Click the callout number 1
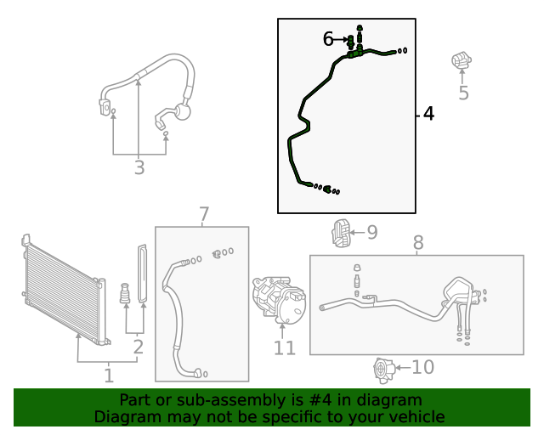point(109,375)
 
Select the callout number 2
point(137,346)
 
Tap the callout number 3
point(139,168)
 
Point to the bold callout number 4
point(428,114)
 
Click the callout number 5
point(463,93)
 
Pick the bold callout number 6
point(329,39)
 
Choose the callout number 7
point(204,215)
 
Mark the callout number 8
point(418,244)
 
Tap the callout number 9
point(371,231)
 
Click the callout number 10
point(422,367)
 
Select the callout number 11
point(284,348)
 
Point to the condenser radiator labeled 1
point(64,289)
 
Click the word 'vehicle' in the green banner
point(416,416)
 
